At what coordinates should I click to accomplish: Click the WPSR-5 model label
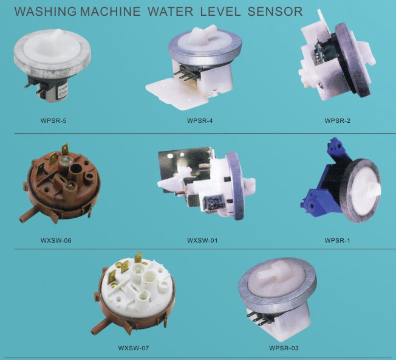pos(53,120)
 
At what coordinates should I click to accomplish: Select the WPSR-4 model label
pos(200,120)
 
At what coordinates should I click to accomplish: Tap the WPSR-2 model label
pos(338,120)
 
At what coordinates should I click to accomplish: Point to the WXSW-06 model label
pos(56,240)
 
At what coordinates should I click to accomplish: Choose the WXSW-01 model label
pos(202,240)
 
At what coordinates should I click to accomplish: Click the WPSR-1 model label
pos(337,240)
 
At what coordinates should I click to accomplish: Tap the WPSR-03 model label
pos(284,348)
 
